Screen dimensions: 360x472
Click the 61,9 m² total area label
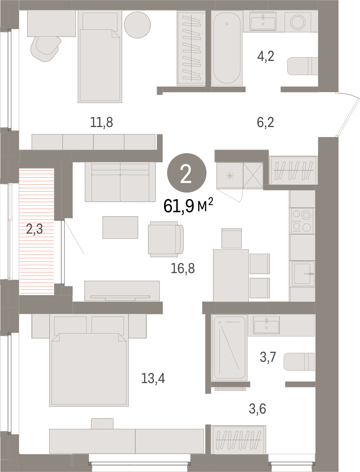189,206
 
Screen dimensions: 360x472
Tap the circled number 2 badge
186,173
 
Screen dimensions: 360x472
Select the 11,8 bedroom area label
102,123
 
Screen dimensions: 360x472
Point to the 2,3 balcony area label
34,229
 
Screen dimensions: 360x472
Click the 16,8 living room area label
182,268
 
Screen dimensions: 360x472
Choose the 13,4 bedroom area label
153,378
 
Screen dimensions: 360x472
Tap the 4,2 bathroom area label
266,56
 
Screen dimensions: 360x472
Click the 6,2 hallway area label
266,123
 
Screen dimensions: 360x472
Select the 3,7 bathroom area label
267,357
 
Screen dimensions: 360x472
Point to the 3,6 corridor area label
258,409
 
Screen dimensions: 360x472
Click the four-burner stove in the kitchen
302,220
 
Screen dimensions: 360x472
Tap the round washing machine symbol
298,22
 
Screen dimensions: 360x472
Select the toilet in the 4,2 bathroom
302,66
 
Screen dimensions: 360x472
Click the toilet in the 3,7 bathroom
299,362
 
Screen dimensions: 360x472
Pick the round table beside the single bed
137,25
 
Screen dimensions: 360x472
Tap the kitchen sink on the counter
303,273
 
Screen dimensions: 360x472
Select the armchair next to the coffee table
166,239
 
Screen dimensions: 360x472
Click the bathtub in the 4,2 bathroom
227,48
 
